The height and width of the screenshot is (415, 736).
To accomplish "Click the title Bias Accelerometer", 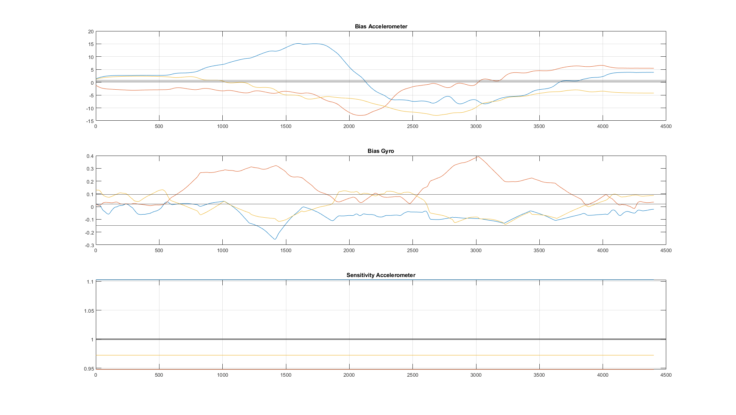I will tap(381, 26).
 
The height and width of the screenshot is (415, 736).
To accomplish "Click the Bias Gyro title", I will tap(381, 151).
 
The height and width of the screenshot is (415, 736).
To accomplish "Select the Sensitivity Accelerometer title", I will tap(381, 275).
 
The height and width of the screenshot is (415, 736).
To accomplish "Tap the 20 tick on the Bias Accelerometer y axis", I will tap(91, 32).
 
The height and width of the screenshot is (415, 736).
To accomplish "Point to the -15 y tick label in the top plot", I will tap(90, 121).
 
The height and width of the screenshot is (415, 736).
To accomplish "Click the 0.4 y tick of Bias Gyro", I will tap(90, 156).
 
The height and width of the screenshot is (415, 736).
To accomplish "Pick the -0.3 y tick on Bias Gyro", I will tap(89, 245).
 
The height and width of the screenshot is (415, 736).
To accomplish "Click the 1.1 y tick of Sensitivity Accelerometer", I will tap(90, 282).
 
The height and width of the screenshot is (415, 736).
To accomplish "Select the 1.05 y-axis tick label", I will tap(89, 311).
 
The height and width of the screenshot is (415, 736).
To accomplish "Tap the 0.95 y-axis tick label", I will tap(89, 369).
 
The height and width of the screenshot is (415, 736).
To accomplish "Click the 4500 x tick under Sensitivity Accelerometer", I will tap(666, 375).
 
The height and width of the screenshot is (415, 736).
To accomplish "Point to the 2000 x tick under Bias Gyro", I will tap(349, 251).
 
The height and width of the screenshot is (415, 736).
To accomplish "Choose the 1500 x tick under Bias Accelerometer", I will tap(286, 126).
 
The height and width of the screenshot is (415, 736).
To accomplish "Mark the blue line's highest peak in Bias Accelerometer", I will tap(298, 44).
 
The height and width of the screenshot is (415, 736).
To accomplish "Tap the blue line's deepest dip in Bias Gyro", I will tap(275, 239).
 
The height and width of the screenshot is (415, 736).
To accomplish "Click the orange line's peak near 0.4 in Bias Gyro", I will tap(477, 156).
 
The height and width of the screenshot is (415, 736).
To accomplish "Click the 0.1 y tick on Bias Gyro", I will tap(90, 194).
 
